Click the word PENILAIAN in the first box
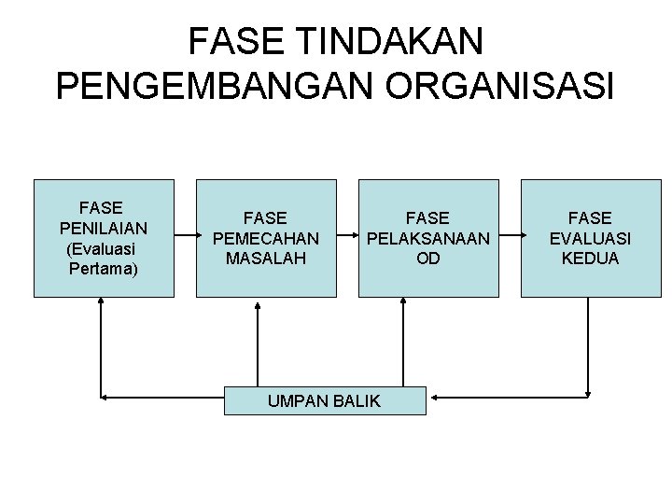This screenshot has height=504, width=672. coord(103,228)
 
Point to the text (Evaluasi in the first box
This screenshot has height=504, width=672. coord(103,249)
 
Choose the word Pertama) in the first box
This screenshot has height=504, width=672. coord(103,270)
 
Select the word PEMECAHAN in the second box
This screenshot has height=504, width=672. coord(266,238)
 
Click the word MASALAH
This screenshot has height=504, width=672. coord(266,259)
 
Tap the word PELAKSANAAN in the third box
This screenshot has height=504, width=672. coord(428,238)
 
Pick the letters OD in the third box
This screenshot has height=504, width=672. coord(428,259)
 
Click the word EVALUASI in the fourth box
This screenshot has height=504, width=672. coord(590,238)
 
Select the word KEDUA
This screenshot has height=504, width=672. coord(590,259)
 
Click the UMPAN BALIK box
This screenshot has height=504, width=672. coord(325,400)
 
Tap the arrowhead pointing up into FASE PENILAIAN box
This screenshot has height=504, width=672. coord(102,304)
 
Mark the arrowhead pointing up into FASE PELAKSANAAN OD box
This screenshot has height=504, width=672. coord(404,304)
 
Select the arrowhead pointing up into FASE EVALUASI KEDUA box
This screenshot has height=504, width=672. coord(590,304)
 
